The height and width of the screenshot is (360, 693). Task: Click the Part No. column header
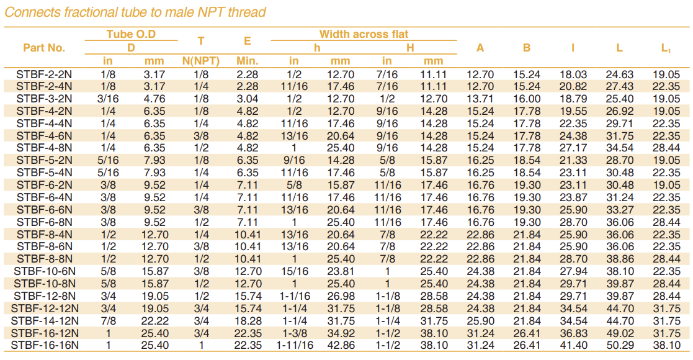[x=44, y=48]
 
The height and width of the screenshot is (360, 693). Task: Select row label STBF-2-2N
[x=44, y=74]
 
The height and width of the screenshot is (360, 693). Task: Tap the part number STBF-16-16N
[x=44, y=345]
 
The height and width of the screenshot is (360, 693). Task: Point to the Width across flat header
[x=364, y=34]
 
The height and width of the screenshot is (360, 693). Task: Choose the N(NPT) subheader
[x=200, y=61]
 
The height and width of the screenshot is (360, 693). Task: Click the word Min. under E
[x=248, y=61]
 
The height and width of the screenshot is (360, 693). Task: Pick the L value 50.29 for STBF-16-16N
[x=620, y=345]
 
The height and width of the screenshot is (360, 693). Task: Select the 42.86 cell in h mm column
[x=340, y=345]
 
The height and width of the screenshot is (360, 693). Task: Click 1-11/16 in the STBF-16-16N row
[x=295, y=345]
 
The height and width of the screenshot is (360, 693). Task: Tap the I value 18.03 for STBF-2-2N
[x=573, y=74]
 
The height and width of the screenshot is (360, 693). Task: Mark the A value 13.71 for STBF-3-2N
[x=480, y=99]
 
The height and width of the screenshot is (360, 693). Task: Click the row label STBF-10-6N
[x=44, y=271]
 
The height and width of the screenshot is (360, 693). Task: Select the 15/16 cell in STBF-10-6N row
[x=294, y=271]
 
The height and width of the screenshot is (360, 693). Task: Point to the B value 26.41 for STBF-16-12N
[x=527, y=333]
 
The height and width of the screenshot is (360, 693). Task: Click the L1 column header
[x=666, y=48]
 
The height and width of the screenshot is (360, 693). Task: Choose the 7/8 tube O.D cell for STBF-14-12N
[x=108, y=320]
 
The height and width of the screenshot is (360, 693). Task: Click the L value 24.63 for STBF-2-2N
[x=620, y=74]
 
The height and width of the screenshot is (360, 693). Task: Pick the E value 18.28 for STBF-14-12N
[x=248, y=320]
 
